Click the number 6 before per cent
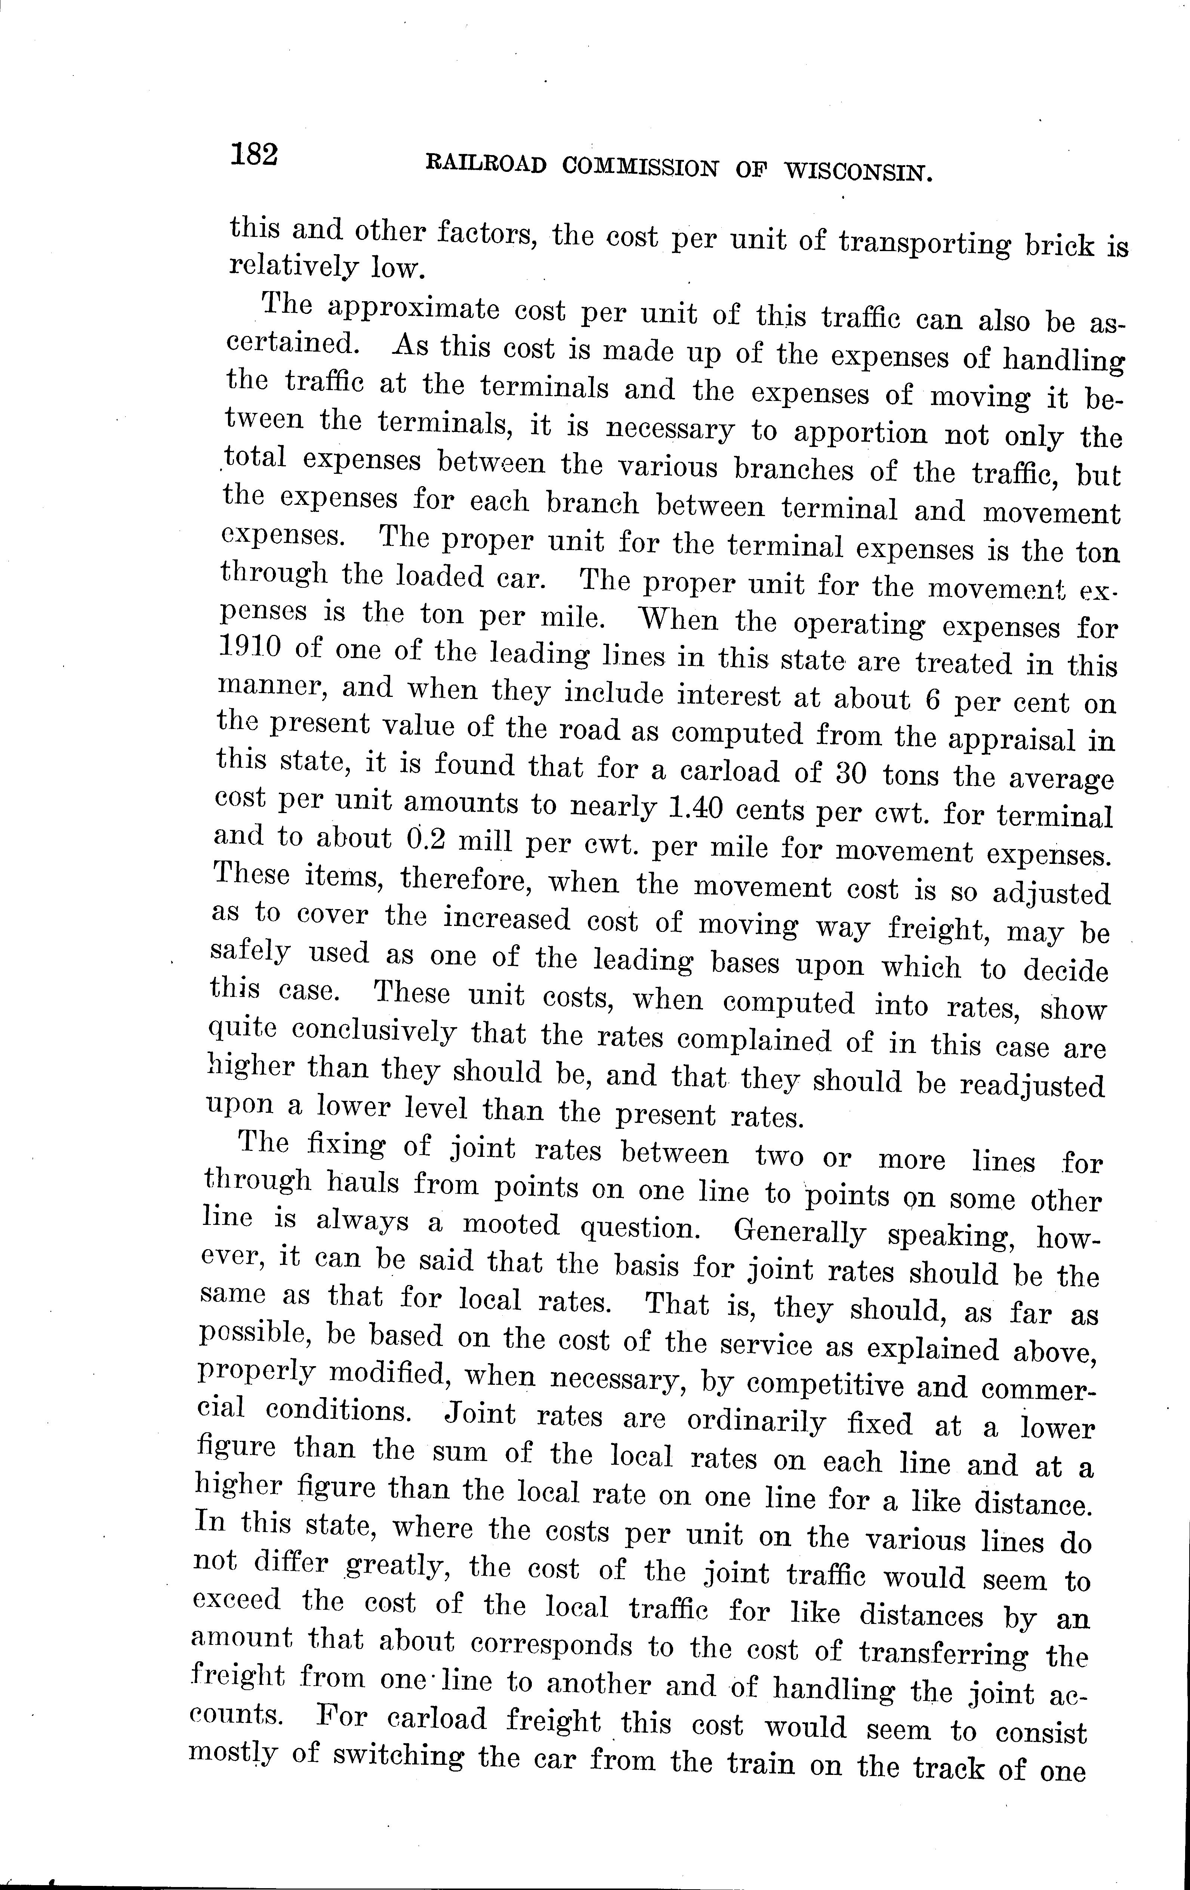[932, 698]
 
